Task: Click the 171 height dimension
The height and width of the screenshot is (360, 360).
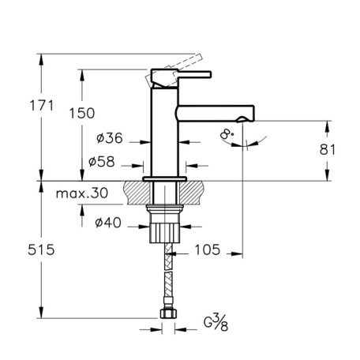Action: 42,105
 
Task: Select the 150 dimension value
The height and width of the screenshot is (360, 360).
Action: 82,113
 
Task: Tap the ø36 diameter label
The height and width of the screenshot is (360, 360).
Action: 110,137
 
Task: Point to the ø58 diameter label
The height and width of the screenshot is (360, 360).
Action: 102,161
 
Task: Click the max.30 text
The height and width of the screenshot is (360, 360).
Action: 82,193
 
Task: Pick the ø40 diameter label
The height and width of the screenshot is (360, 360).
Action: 108,223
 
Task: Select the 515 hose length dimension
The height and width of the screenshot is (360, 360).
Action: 41,249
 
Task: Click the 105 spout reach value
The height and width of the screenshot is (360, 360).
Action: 207,249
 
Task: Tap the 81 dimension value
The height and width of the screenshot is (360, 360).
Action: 328,149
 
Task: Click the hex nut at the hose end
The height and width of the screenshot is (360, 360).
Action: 168,313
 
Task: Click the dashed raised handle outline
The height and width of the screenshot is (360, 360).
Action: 174,70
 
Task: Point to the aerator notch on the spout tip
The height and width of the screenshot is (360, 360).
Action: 242,119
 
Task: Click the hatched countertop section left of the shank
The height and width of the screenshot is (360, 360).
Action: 137,193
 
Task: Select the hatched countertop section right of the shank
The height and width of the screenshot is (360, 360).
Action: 191,193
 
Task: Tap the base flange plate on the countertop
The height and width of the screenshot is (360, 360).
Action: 165,179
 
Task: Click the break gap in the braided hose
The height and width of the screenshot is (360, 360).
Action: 168,271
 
